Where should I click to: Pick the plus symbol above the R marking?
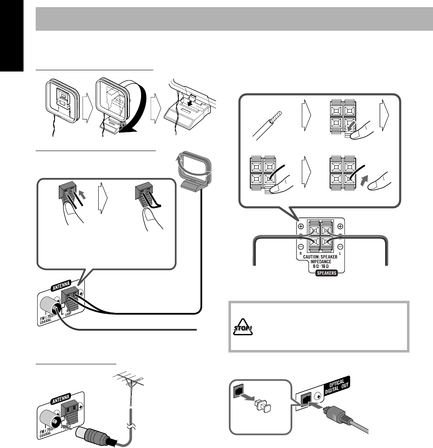tap(301, 226)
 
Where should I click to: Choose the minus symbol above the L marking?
tap(340, 246)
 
